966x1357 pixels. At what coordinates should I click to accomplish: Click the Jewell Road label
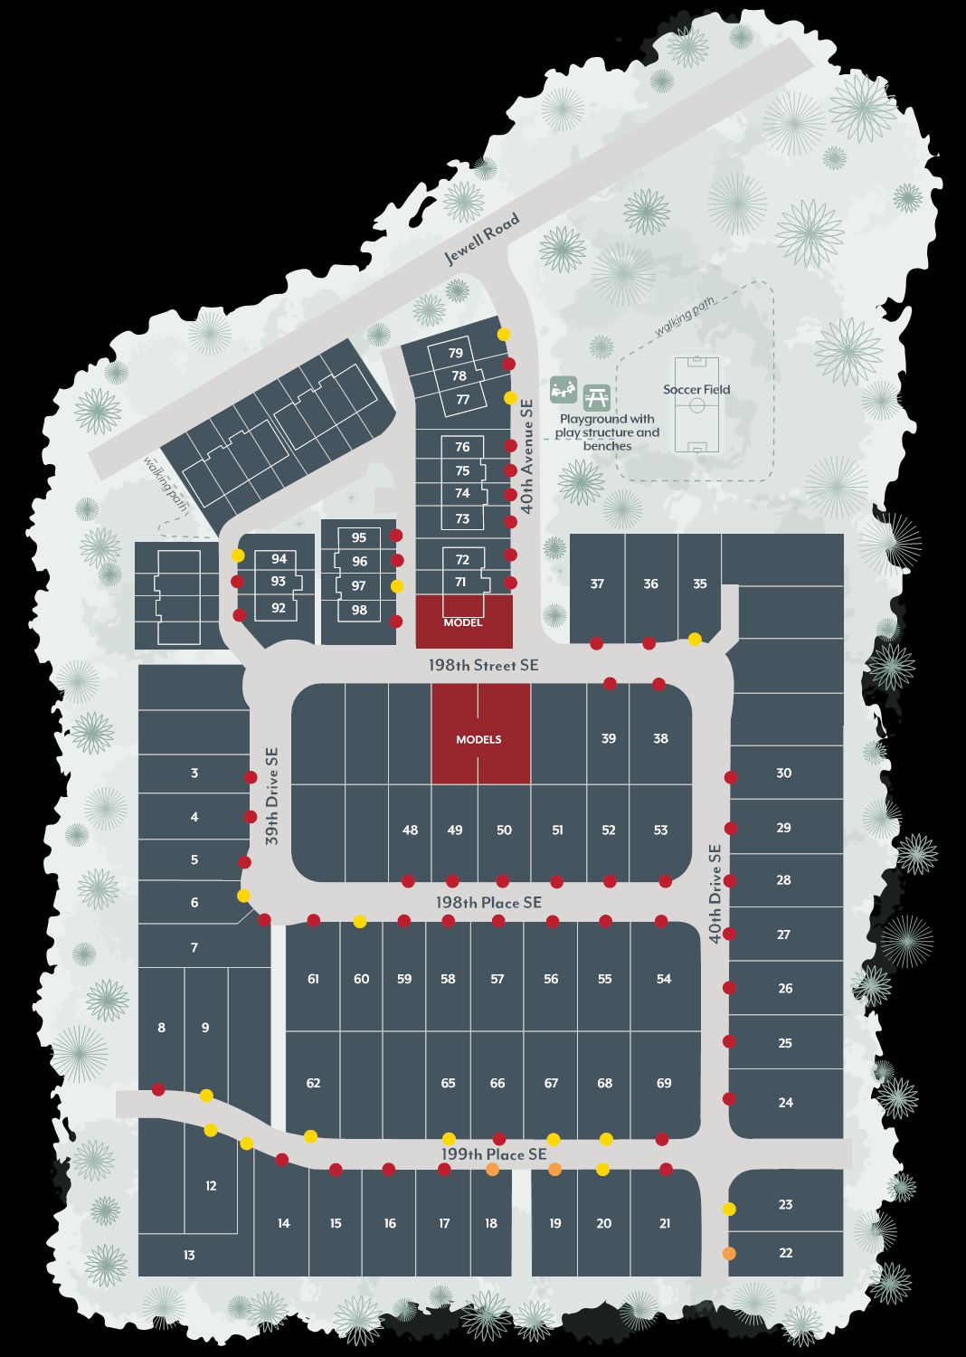point(482,239)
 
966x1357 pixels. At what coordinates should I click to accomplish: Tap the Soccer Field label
point(696,390)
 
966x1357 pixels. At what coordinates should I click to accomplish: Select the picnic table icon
point(596,395)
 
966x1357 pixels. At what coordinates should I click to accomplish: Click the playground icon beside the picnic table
point(563,390)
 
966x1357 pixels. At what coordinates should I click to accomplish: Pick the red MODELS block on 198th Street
point(479,734)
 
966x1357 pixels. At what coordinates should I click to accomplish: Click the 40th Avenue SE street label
point(527,458)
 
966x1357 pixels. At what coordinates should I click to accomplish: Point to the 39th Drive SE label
point(272,796)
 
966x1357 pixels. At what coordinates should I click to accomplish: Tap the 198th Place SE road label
point(488,902)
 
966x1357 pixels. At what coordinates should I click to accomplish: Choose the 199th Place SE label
point(494,1154)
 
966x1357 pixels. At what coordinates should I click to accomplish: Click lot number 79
point(456,354)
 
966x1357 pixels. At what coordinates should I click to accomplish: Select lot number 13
point(189,1255)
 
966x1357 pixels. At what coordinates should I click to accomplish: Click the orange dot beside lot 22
point(729,1253)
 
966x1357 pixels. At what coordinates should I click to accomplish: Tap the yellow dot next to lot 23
point(729,1209)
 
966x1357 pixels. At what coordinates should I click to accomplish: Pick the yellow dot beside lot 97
point(396,586)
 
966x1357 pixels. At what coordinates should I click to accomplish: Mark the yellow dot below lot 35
point(695,639)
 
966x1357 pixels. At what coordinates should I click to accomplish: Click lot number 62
point(313,1083)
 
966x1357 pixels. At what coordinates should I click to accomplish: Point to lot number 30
point(783,773)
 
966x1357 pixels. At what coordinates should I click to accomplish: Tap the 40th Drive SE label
point(715,894)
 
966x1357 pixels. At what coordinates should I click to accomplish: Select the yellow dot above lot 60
point(360,921)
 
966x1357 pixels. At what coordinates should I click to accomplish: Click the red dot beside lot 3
point(251,777)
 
